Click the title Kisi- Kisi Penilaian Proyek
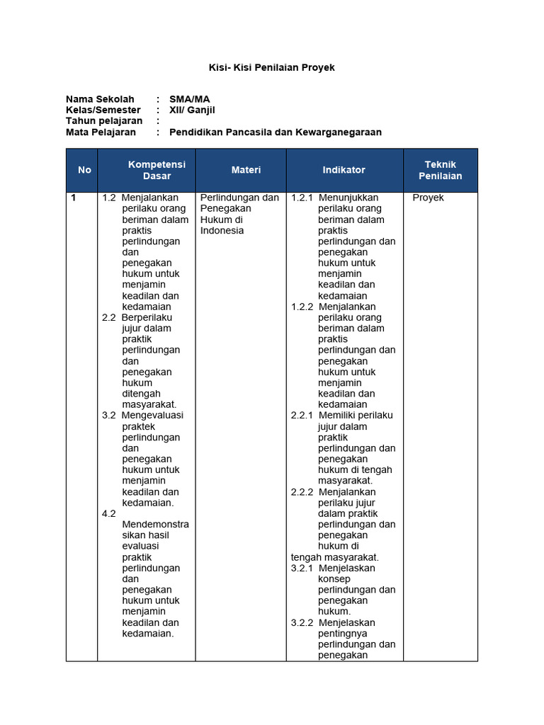[x=271, y=67]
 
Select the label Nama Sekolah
[x=100, y=99]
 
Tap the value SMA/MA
[x=189, y=99]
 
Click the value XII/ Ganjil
[x=192, y=110]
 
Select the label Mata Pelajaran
[x=101, y=132]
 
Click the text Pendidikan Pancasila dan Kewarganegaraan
[x=275, y=132]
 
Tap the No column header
[x=85, y=170]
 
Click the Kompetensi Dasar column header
[x=157, y=170]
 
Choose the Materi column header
[x=246, y=170]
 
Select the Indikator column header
[x=344, y=170]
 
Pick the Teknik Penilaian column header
[x=440, y=170]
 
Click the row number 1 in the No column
[x=73, y=198]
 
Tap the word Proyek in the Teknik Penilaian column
[x=428, y=198]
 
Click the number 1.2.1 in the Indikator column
[x=302, y=198]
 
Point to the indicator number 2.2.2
[x=302, y=492]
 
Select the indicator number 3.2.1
[x=302, y=568]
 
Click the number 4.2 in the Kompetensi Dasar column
[x=108, y=513]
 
